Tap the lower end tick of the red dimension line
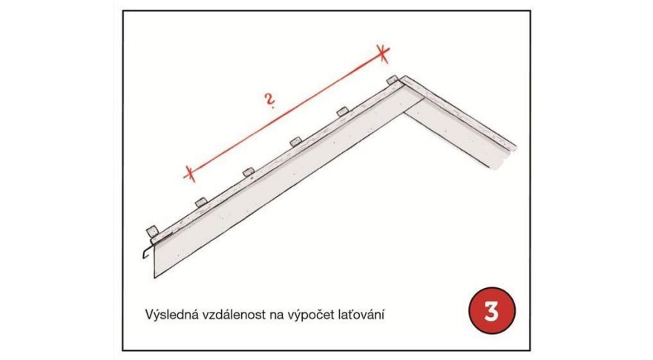coord(189,174)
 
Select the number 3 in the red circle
coord(490,312)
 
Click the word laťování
coord(363,315)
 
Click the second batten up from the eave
coord(200,202)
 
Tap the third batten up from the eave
coord(247,172)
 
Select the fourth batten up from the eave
coord(295,141)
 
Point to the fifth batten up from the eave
coord(341,111)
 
